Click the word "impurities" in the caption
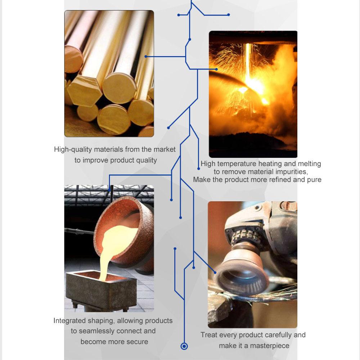click(292, 172)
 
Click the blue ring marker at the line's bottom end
click(184, 346)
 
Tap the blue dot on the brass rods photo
click(146, 57)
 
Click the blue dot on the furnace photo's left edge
click(216, 69)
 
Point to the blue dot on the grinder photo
click(215, 273)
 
